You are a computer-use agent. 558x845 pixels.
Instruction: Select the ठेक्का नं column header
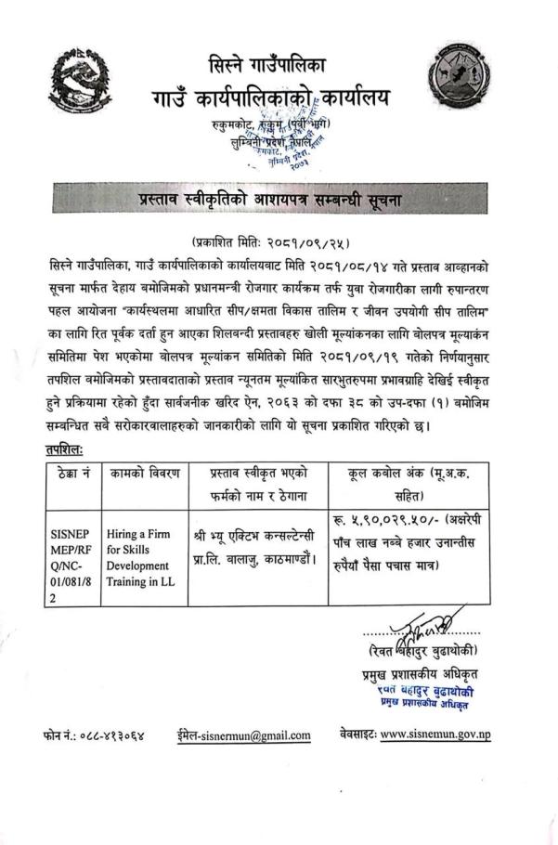[72, 474]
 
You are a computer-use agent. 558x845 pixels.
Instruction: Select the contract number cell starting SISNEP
[72, 555]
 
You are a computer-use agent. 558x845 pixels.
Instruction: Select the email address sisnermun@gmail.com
[245, 734]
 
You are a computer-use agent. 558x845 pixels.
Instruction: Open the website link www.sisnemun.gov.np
[448, 734]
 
